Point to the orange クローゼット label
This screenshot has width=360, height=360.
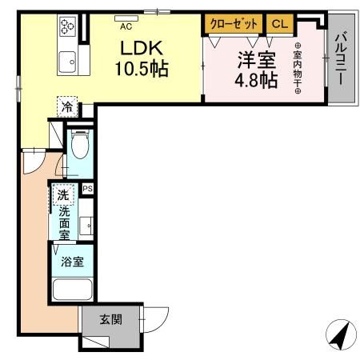233,24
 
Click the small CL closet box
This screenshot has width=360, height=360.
278,24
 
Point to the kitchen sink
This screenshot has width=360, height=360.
66,59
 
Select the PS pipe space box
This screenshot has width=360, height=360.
88,189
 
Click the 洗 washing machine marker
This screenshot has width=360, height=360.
62,194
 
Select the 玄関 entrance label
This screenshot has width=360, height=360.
110,320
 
